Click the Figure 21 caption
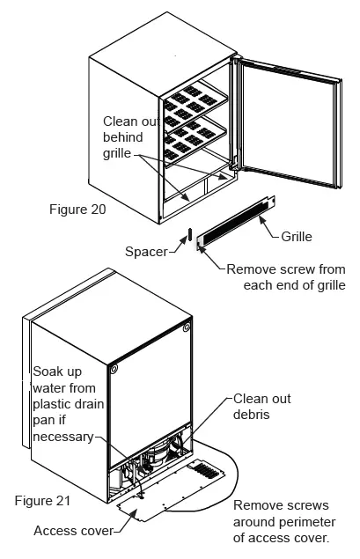click(x=42, y=500)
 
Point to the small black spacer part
click(x=187, y=238)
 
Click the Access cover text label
click(x=74, y=531)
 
